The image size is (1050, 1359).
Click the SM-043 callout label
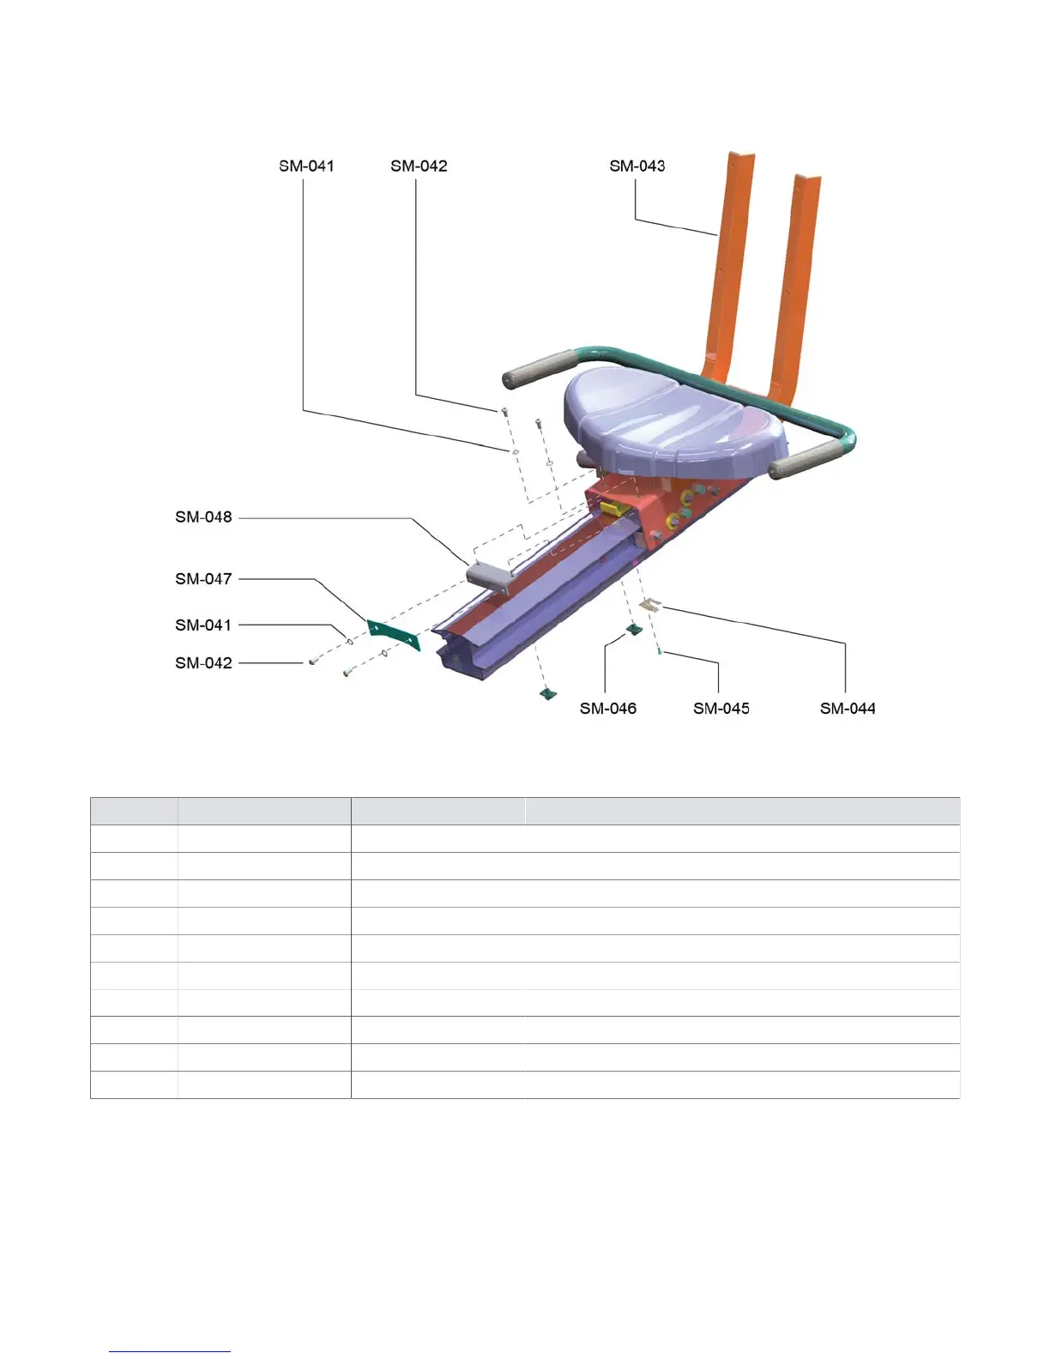[x=637, y=166]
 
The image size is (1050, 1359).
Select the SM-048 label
[x=203, y=516]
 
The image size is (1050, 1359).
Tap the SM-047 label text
[x=203, y=578]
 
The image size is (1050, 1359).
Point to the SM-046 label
[x=607, y=708]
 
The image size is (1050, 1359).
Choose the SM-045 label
[x=721, y=708]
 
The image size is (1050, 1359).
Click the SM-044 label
[x=848, y=708]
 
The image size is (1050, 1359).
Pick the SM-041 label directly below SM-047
[x=203, y=625]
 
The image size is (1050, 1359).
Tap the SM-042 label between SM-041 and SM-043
[x=419, y=166]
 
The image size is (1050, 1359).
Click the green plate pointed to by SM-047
[x=394, y=633]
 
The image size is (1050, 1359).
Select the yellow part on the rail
[x=611, y=509]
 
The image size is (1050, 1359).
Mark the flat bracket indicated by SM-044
[x=651, y=604]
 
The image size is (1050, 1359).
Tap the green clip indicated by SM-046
[x=633, y=631]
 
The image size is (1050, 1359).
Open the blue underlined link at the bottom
[x=170, y=1351]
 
